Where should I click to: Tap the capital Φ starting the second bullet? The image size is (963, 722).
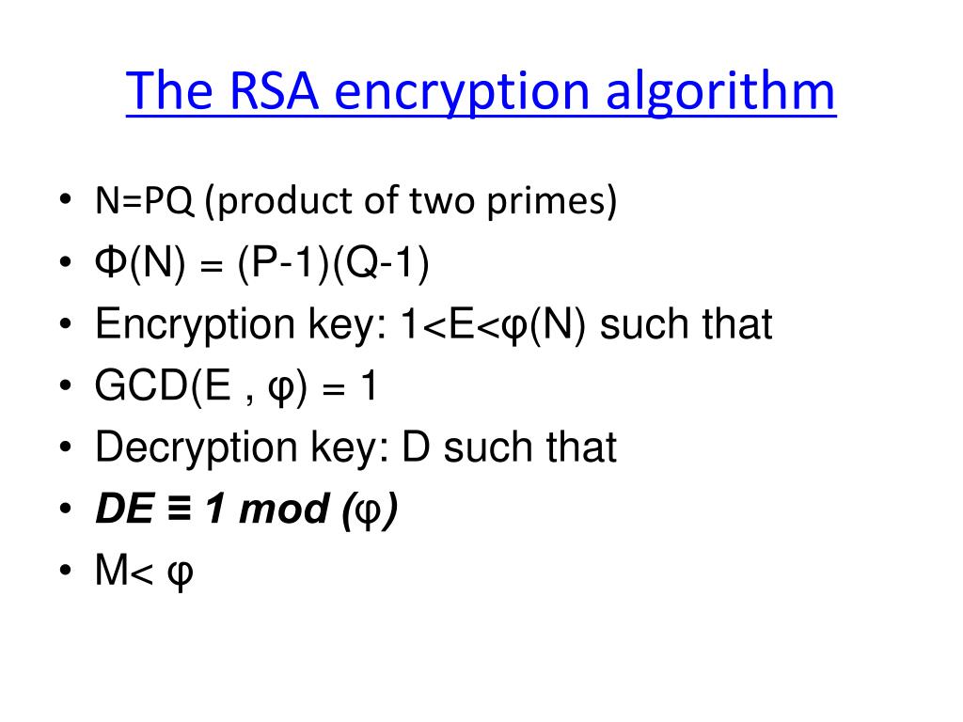[111, 264]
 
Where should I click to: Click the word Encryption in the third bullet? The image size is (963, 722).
[193, 326]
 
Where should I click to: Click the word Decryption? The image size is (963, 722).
[196, 448]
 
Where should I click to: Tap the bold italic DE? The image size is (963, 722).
[125, 510]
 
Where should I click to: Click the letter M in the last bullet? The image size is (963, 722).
[111, 571]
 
